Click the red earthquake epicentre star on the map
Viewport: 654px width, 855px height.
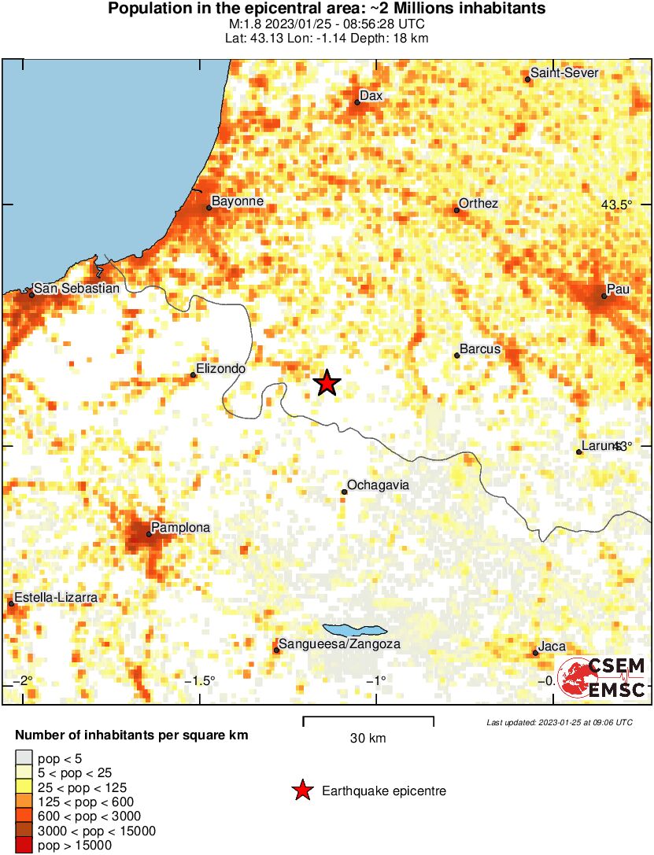pos(327,383)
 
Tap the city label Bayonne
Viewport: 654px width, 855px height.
pos(238,201)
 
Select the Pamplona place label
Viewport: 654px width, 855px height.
pos(180,528)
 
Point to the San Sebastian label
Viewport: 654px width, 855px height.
pos(77,288)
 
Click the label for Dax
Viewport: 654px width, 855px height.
pos(371,96)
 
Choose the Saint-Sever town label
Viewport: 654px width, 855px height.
pos(564,73)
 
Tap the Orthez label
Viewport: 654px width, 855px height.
pos(478,204)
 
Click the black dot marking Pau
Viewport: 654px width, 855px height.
pos(604,296)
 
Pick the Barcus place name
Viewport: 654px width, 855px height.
pos(480,348)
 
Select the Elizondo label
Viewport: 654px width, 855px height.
pos(221,368)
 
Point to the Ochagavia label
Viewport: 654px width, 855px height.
pos(378,485)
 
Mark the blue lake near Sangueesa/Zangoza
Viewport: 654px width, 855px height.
pos(354,630)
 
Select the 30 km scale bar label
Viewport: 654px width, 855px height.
pos(368,738)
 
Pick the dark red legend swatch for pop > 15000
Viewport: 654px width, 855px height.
pos(24,846)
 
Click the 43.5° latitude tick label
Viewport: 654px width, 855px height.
pos(617,205)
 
